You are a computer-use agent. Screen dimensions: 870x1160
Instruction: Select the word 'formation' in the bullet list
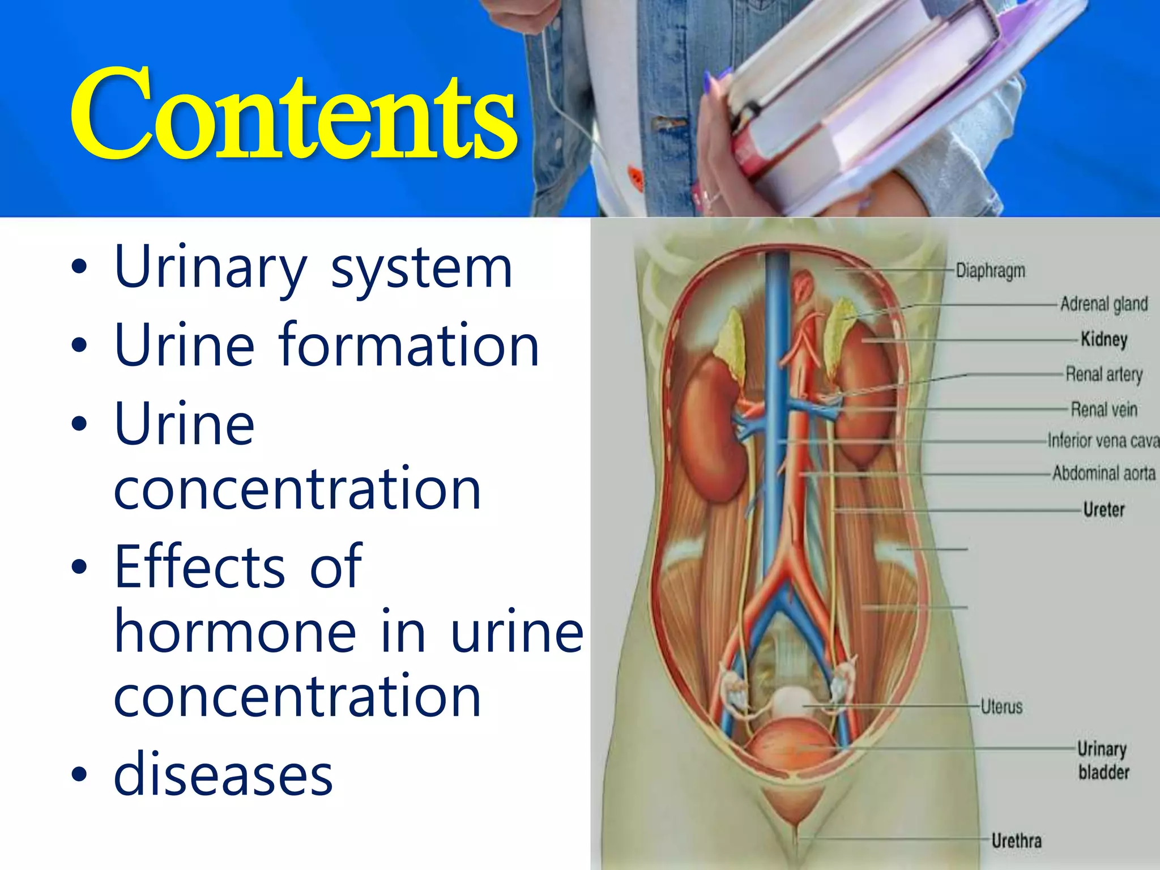tap(408, 345)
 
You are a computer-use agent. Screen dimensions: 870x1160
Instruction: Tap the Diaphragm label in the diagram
tap(990, 271)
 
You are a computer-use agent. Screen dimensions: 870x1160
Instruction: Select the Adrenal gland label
tap(1103, 304)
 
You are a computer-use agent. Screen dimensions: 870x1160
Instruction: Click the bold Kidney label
tap(1103, 339)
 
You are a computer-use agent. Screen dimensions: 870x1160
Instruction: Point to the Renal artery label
tap(1103, 374)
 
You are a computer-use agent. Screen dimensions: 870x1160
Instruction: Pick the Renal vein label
tap(1103, 409)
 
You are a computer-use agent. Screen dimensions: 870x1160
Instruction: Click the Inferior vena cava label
tap(1102, 440)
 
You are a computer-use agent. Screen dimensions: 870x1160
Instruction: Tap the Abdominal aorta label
tap(1103, 473)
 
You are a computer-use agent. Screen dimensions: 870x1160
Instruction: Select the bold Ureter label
tap(1103, 509)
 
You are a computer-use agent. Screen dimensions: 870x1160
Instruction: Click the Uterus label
tap(1001, 706)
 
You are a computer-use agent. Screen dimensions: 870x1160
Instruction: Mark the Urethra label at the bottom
tap(1016, 841)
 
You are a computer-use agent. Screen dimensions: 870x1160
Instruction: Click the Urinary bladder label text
tap(1102, 760)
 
